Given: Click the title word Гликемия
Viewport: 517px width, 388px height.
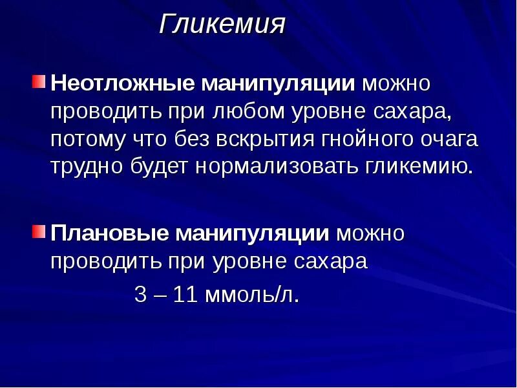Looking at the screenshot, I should [222, 25].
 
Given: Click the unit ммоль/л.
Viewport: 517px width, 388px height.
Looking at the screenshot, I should [252, 295].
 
